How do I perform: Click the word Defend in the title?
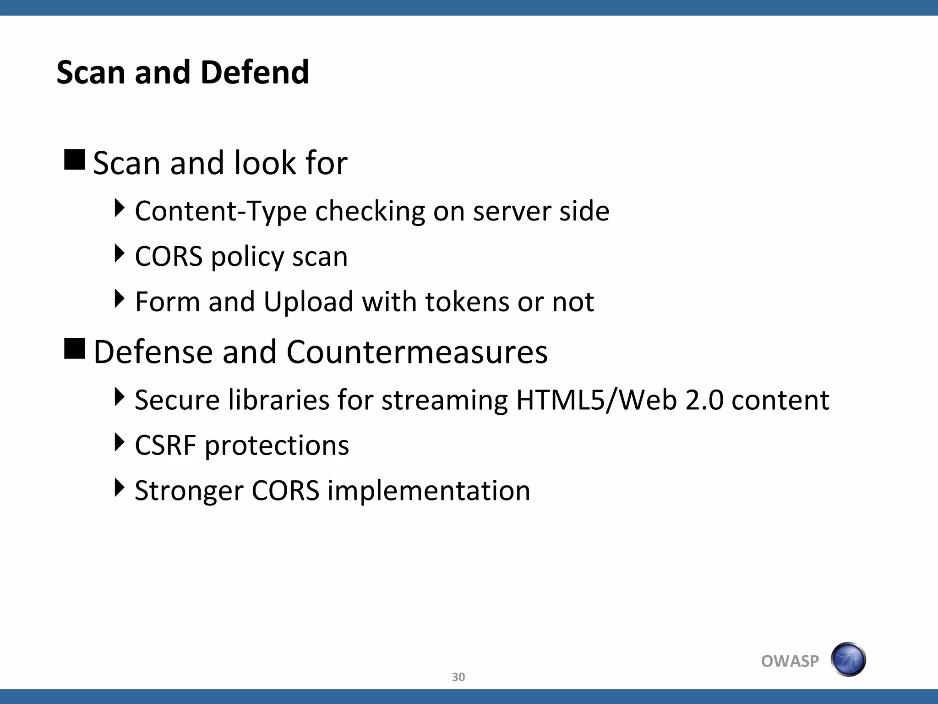[255, 72]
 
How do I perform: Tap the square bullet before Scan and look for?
[75, 160]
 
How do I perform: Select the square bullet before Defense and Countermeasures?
[75, 349]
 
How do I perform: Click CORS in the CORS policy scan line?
[169, 256]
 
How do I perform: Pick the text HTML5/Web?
[596, 400]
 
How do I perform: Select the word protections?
[277, 446]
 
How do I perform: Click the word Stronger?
[189, 491]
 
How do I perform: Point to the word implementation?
[429, 491]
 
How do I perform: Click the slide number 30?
[458, 677]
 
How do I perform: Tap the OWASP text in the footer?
[790, 661]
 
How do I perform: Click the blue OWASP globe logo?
[848, 660]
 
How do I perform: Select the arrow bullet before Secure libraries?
[119, 396]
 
